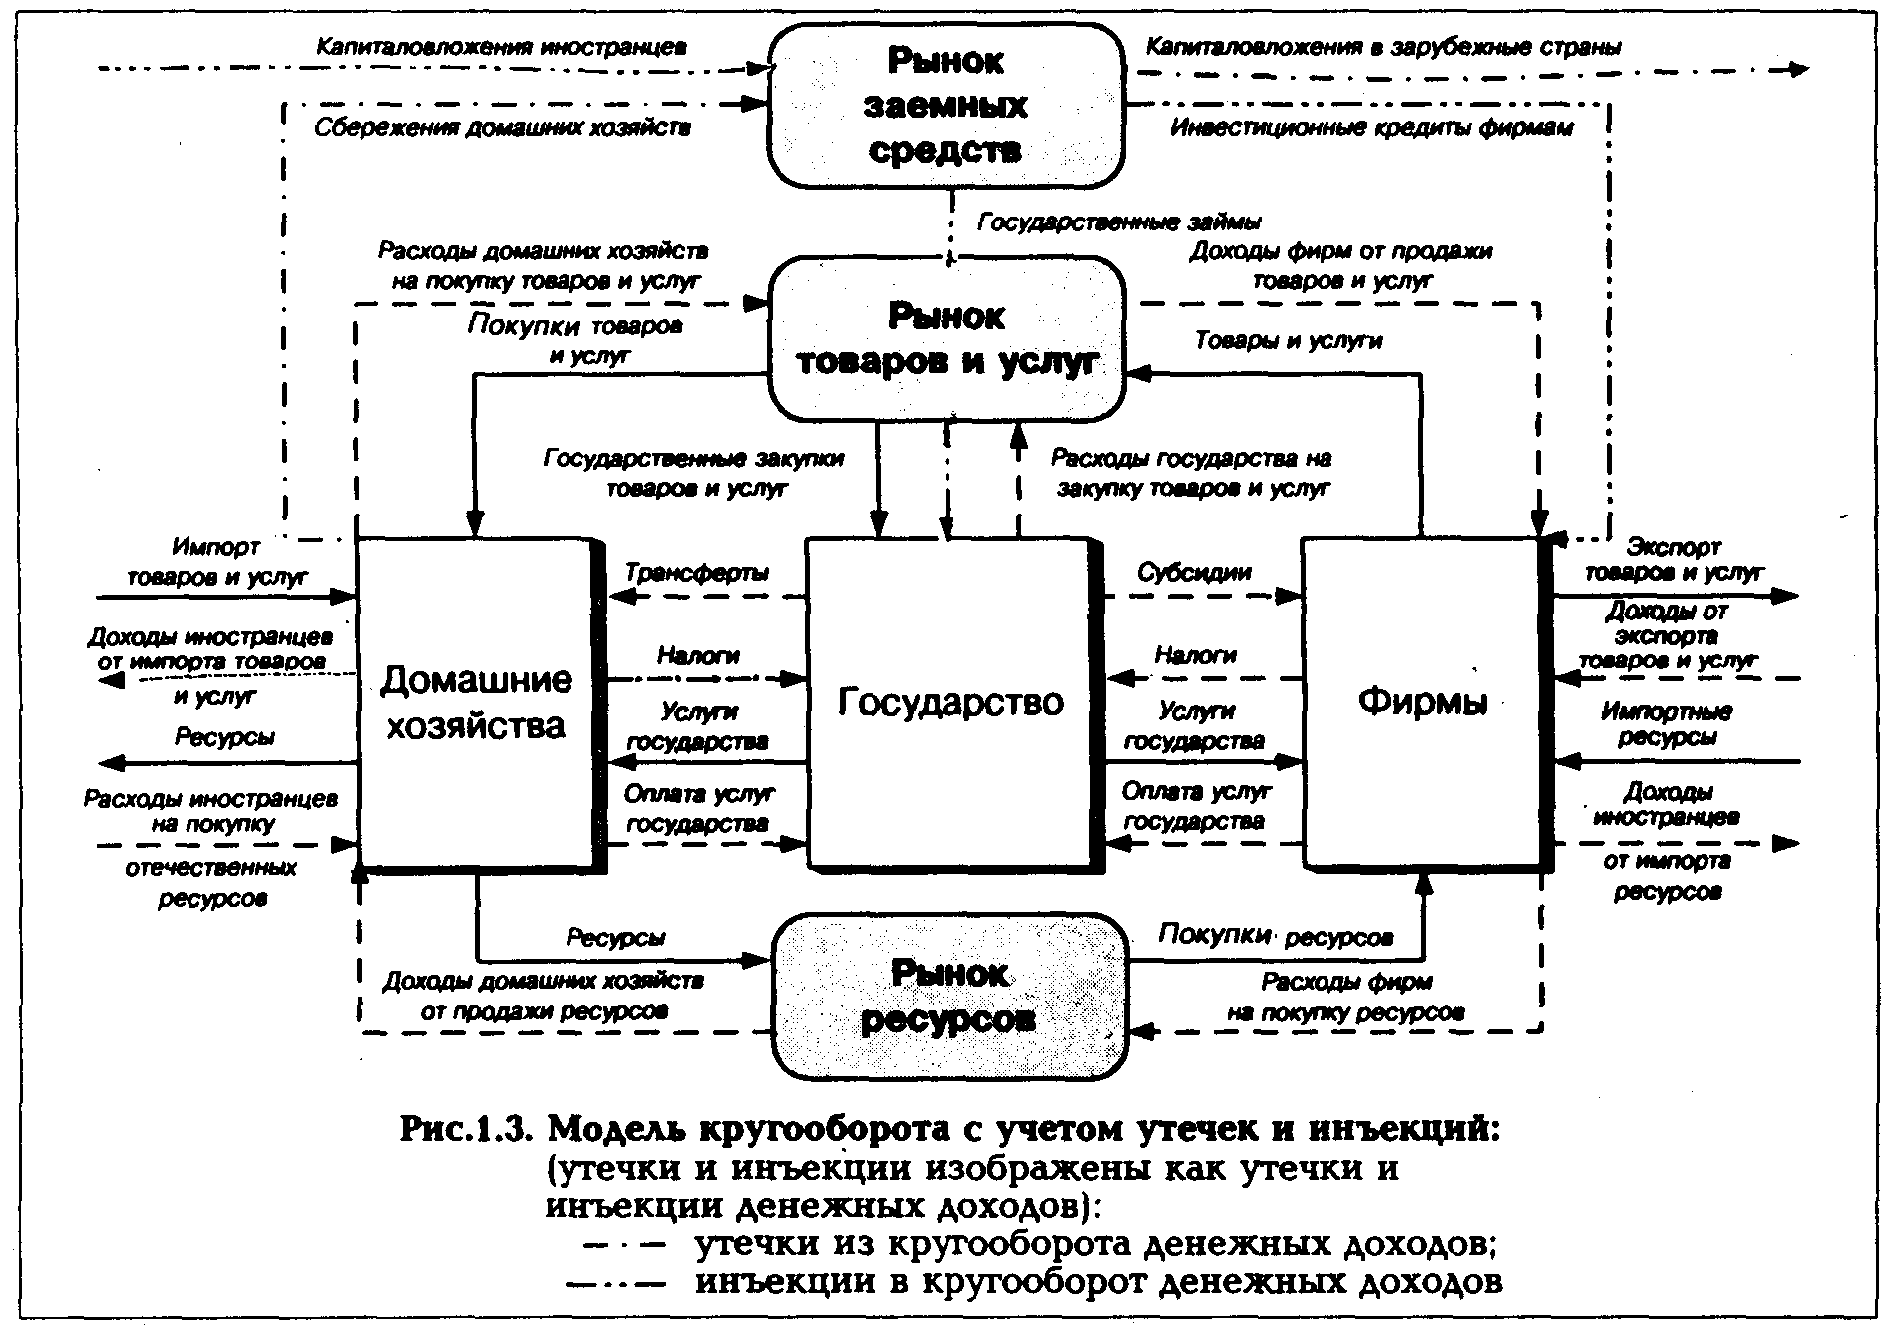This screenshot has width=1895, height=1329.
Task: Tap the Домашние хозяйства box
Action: tap(476, 702)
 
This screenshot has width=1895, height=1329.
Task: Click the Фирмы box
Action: tap(1421, 702)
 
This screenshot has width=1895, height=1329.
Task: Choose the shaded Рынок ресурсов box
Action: tap(949, 996)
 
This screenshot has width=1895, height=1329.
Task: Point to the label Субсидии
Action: tap(1194, 573)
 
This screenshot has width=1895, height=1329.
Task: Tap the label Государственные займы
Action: tap(1118, 221)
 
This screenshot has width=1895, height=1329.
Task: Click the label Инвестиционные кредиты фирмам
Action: tap(1371, 128)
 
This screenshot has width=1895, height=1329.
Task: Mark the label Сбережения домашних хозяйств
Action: tap(503, 128)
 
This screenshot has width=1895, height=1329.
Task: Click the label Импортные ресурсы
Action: tap(1667, 724)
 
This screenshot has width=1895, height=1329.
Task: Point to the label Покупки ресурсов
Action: tap(1275, 936)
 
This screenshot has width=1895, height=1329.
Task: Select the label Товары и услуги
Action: tap(1289, 341)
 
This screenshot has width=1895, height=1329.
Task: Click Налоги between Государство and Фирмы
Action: tap(1195, 655)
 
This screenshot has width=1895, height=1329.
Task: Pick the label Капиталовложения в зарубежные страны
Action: tap(1382, 47)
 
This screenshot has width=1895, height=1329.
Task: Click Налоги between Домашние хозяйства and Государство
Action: tap(698, 655)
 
